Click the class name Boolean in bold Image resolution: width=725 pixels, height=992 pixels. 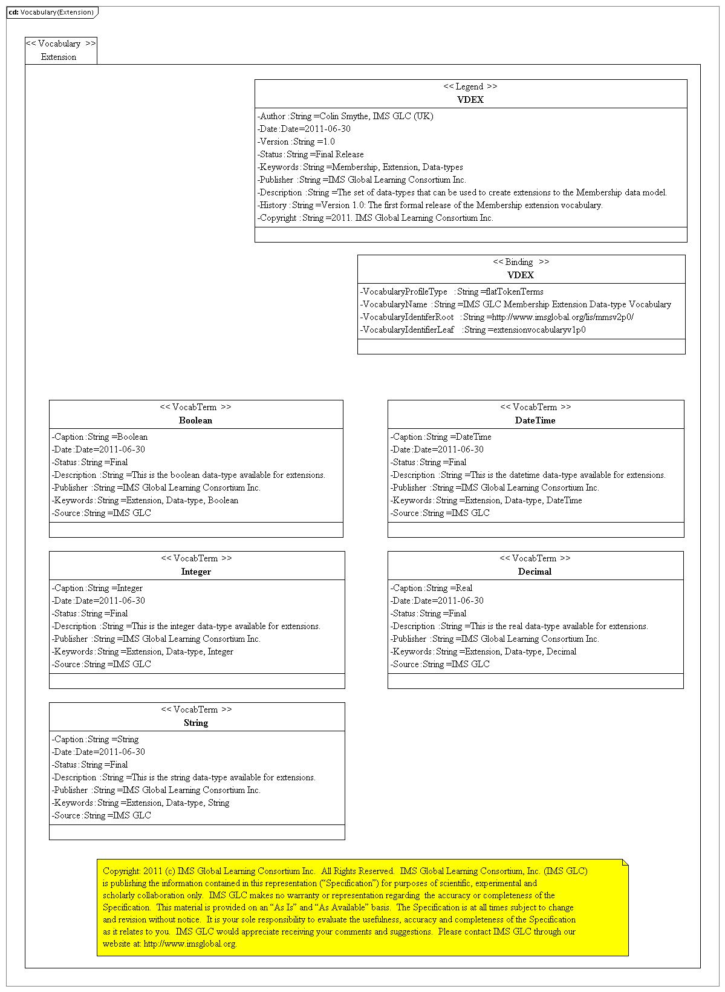tap(196, 420)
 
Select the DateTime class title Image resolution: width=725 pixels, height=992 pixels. tap(535, 420)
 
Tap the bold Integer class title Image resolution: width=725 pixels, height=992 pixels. tap(196, 572)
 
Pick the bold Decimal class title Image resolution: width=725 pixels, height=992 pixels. tap(535, 572)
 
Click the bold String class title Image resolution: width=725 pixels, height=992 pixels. tap(196, 723)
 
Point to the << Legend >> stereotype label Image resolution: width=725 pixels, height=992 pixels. tap(470, 86)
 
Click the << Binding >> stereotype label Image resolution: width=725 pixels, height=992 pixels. tap(521, 262)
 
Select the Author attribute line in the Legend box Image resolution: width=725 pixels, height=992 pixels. tap(345, 116)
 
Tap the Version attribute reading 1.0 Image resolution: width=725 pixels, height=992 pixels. tap(296, 142)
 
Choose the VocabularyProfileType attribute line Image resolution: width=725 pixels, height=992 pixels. tap(452, 292)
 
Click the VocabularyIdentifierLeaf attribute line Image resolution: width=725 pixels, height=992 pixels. tap(473, 330)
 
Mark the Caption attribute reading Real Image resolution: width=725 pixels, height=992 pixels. tap(432, 588)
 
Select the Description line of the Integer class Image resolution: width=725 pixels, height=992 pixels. tap(186, 626)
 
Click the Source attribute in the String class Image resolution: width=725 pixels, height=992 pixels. tap(102, 815)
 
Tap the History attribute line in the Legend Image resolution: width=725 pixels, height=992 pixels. tap(430, 205)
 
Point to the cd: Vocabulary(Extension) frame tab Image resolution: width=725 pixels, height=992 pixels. tap(51, 12)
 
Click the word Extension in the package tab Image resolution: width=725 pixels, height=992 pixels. tap(59, 57)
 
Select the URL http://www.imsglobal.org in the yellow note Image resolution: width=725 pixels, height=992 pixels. tap(190, 944)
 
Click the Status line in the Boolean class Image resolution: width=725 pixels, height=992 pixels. tap(90, 462)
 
